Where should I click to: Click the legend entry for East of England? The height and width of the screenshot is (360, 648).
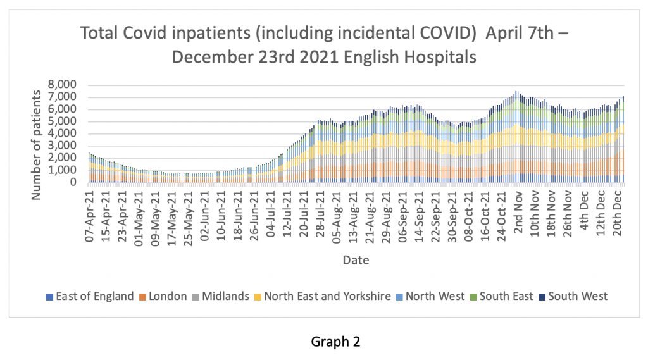pos(90,296)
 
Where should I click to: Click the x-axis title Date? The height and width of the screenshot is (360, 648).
pos(356,260)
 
